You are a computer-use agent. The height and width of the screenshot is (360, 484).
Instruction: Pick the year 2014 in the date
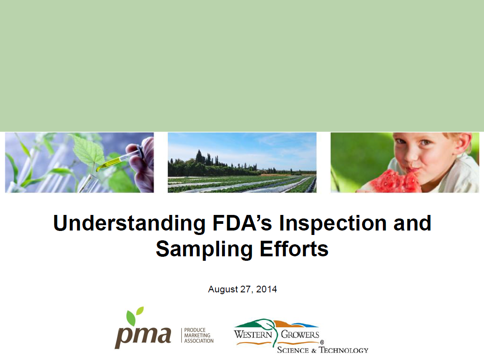pyautogui.click(x=267, y=289)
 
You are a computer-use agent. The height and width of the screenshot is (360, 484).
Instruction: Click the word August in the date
pyautogui.click(x=222, y=289)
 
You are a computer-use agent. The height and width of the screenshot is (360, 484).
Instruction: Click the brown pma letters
pyautogui.click(x=143, y=335)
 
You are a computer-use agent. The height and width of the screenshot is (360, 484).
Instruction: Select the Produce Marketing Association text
pyautogui.click(x=199, y=336)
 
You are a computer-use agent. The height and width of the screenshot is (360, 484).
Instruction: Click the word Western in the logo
pyautogui.click(x=253, y=334)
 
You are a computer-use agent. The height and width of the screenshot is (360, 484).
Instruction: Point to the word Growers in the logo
pyautogui.click(x=301, y=334)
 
